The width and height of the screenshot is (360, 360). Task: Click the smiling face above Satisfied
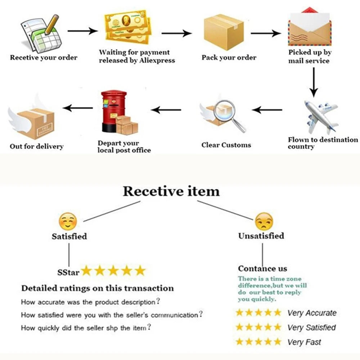(x=68, y=222)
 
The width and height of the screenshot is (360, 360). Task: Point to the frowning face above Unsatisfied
(x=264, y=222)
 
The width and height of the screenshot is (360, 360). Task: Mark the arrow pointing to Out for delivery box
(x=78, y=107)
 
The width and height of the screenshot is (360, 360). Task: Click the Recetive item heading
(x=171, y=191)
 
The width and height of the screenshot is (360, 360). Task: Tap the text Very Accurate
(x=312, y=313)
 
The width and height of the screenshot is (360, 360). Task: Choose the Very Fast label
(x=304, y=342)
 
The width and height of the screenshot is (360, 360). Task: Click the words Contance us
(x=262, y=269)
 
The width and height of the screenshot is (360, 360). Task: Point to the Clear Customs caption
(x=226, y=145)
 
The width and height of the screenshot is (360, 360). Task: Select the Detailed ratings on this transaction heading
(x=97, y=288)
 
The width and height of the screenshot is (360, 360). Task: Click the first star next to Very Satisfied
(x=240, y=328)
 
